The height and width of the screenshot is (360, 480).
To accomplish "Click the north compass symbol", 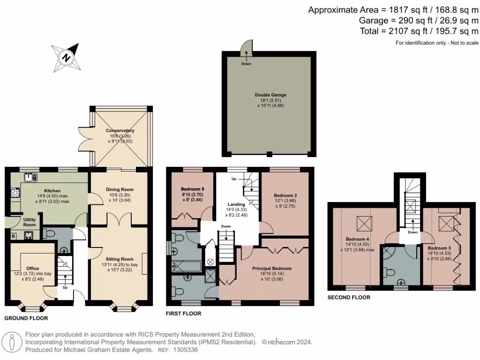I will coord(67,58).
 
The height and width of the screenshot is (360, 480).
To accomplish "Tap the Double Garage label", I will coord(270,95).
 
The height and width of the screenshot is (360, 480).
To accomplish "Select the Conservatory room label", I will coord(120,131).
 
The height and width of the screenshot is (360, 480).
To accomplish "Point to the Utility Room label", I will coord(29,222).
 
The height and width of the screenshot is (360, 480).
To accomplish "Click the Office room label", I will coord(33,269).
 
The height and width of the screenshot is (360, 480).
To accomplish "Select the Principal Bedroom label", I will coord(272,269).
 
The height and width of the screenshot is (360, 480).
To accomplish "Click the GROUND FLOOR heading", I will coord(26,318).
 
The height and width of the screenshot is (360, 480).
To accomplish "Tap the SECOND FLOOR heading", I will coord(349,297).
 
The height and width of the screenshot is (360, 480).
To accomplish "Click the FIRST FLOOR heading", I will coord(184,314).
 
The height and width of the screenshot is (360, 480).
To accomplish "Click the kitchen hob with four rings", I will coord(14,193).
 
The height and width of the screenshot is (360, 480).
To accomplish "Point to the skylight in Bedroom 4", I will coord(363,223).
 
